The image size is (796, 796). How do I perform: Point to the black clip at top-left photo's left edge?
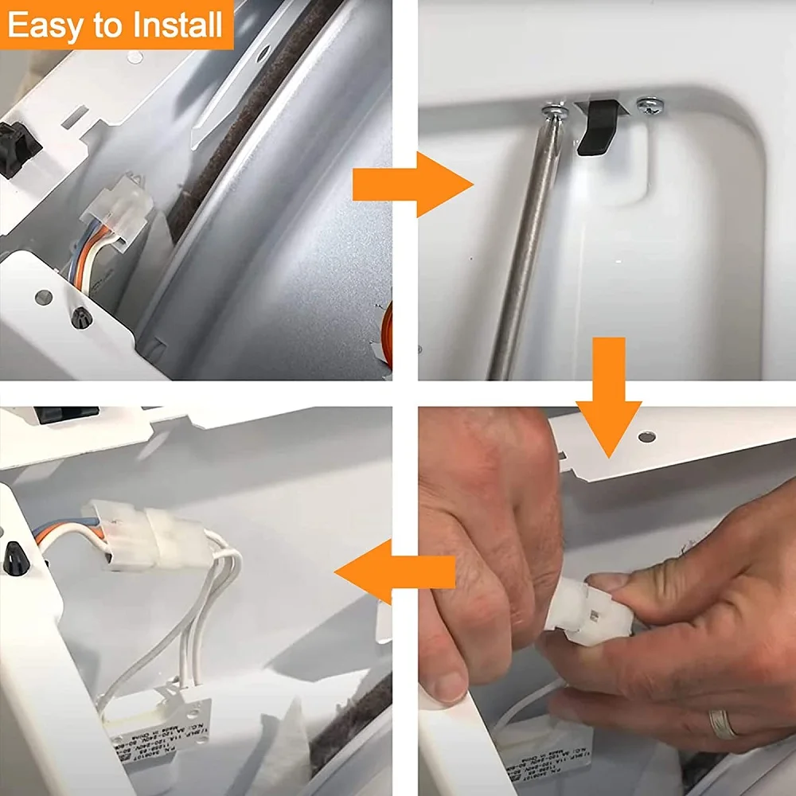pyautogui.click(x=18, y=147)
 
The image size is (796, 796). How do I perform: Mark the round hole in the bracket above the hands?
pyautogui.click(x=647, y=437)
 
